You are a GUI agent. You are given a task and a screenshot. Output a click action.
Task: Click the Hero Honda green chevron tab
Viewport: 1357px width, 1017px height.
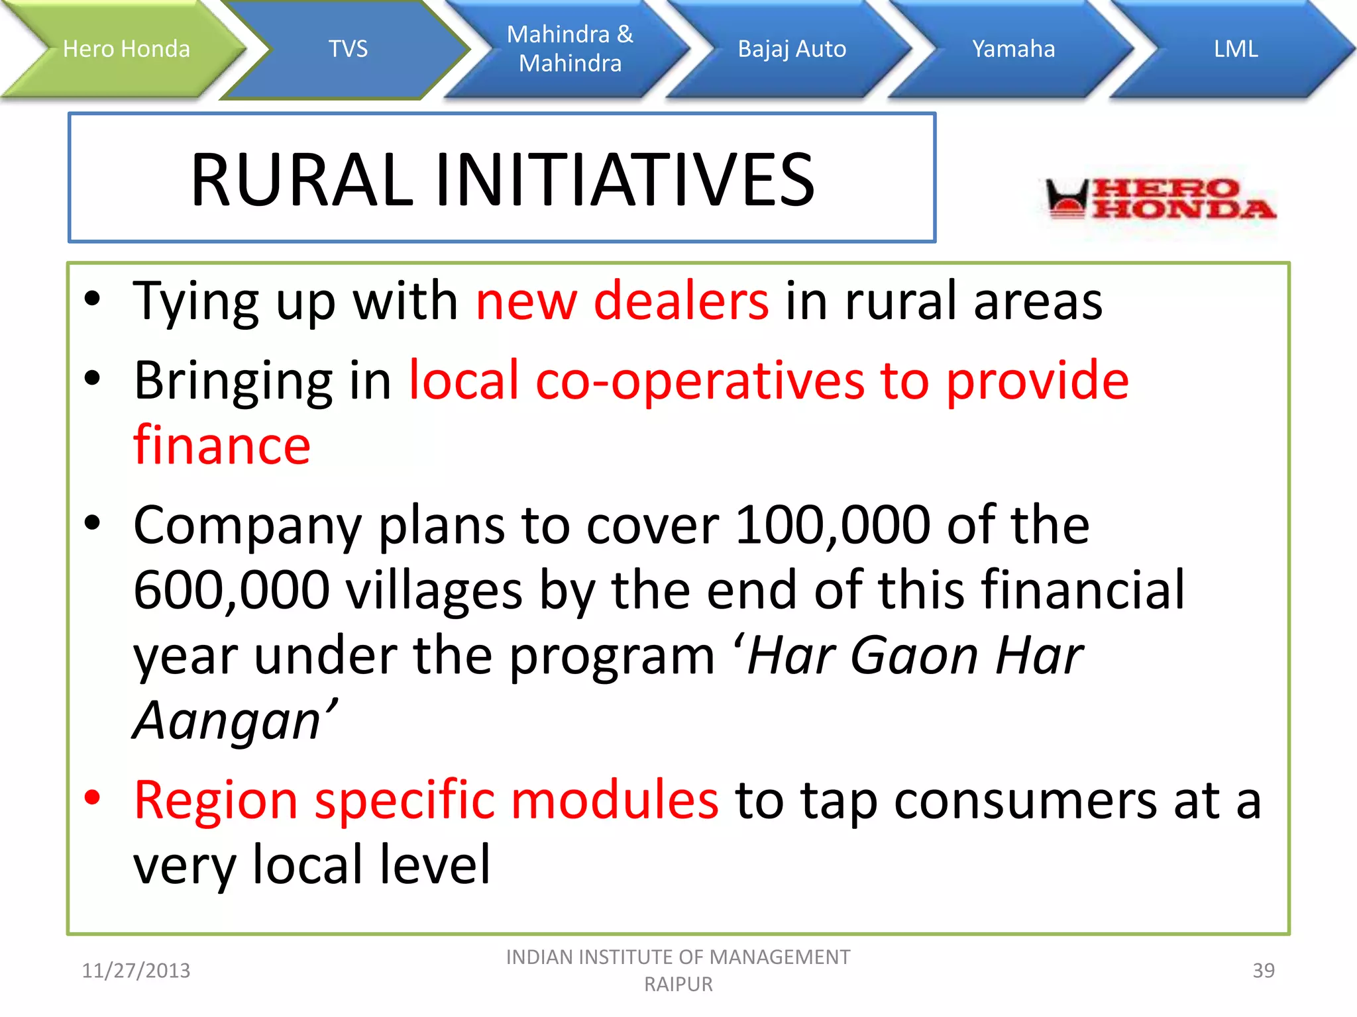pyautogui.click(x=126, y=49)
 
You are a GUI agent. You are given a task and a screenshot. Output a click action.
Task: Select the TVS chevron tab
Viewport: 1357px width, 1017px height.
pyautogui.click(x=348, y=49)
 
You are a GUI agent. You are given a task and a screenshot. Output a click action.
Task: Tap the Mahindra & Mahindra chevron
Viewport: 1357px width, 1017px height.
pyautogui.click(x=570, y=49)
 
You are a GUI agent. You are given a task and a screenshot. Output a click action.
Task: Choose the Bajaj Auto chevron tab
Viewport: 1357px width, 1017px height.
pyautogui.click(x=792, y=49)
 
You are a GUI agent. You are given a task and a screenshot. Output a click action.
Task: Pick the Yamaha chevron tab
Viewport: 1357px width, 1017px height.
pyautogui.click(x=1013, y=49)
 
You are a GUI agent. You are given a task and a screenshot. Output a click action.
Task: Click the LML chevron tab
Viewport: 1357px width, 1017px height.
pyautogui.click(x=1235, y=49)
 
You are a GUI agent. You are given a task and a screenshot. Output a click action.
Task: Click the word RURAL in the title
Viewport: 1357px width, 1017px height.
pyautogui.click(x=302, y=180)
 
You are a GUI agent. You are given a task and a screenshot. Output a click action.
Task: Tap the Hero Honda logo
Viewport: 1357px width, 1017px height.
pyautogui.click(x=1160, y=199)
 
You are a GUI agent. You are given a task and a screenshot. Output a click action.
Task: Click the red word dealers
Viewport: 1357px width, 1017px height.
pyautogui.click(x=681, y=302)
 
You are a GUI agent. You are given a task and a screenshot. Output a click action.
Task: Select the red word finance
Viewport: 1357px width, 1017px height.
pyautogui.click(x=222, y=446)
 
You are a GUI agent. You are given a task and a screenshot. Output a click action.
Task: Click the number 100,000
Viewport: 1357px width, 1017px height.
pyautogui.click(x=832, y=525)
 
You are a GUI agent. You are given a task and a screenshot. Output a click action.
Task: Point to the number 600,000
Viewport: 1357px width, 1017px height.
pyautogui.click(x=231, y=590)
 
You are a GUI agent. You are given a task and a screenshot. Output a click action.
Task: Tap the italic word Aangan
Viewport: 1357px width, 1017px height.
pyautogui.click(x=229, y=720)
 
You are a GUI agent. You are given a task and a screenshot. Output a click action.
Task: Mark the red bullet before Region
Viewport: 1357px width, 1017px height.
pyautogui.click(x=92, y=797)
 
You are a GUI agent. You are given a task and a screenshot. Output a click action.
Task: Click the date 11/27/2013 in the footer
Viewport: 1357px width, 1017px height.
pyautogui.click(x=136, y=971)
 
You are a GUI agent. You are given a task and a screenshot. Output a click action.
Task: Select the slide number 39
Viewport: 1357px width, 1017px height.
pyautogui.click(x=1263, y=971)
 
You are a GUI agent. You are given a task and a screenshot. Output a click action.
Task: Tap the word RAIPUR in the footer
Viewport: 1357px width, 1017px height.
pyautogui.click(x=678, y=985)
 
